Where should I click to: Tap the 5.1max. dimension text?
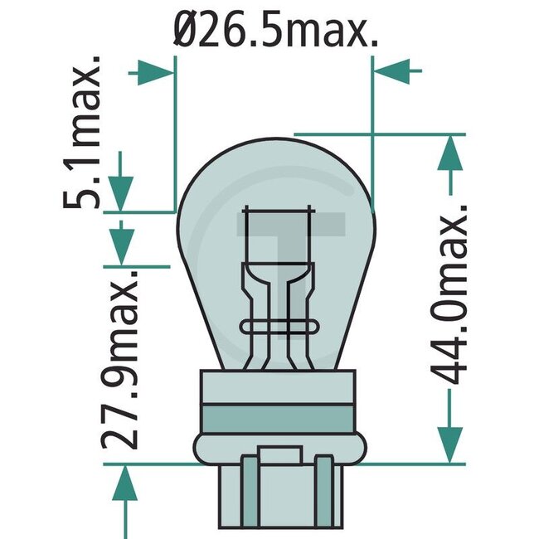[x=85, y=133]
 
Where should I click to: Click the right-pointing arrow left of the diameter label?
[x=153, y=71]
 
